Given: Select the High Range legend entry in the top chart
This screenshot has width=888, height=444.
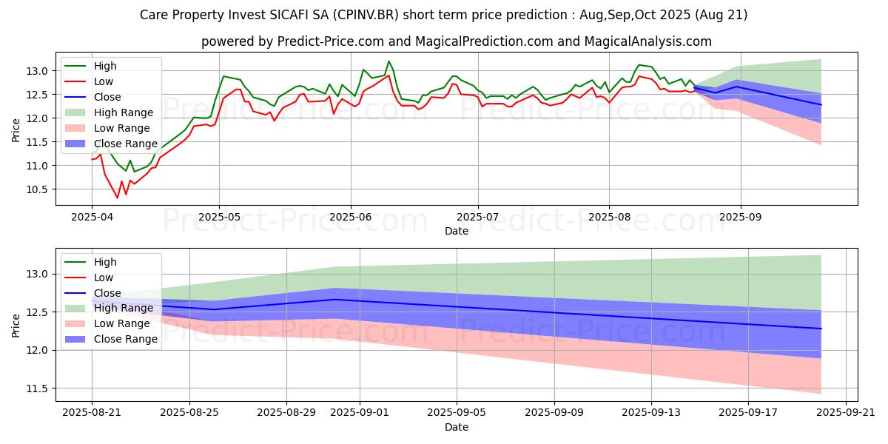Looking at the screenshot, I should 124,112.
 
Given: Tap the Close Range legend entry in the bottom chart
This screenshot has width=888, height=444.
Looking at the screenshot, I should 125,339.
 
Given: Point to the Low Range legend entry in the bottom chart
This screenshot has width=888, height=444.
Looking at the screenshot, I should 123,323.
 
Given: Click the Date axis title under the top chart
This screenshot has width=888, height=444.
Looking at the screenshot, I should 456,232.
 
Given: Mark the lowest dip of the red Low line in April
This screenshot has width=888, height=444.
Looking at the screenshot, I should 117,198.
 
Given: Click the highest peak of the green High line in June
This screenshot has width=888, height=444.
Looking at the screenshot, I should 388,61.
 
